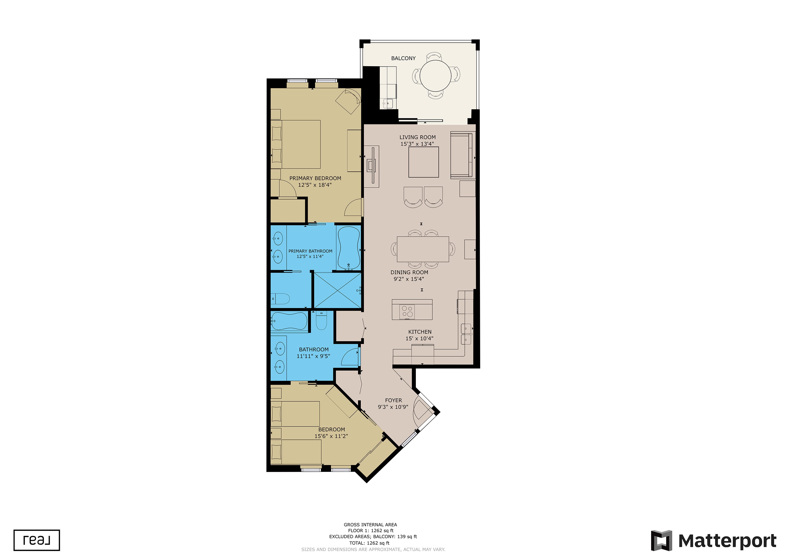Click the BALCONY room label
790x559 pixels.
tap(403, 58)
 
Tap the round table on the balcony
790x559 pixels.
tap(435, 76)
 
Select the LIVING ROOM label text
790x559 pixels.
tap(417, 137)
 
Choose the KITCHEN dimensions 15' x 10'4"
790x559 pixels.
tap(419, 339)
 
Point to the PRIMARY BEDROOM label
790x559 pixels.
tap(315, 178)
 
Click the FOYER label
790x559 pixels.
tap(393, 400)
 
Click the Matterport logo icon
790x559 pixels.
tap(661, 541)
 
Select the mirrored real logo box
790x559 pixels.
tap(37, 540)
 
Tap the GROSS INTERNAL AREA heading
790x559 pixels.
tap(370, 525)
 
